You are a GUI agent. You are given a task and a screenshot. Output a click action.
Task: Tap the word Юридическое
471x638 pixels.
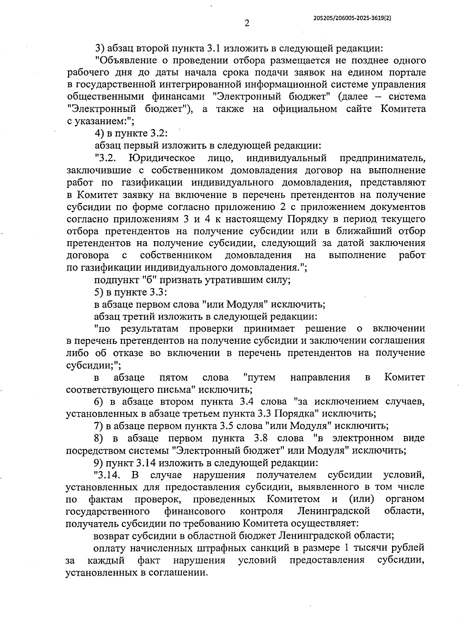[161, 158]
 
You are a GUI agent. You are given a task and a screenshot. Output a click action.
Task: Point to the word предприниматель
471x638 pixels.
[382, 158]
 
